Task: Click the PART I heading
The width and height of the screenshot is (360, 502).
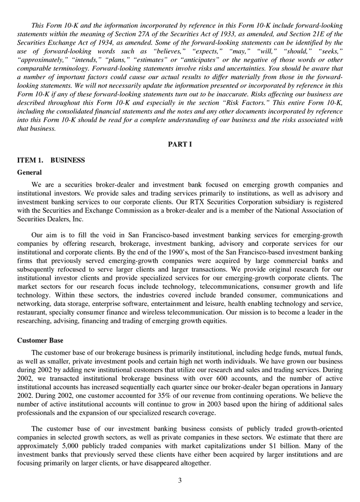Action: point(180,144)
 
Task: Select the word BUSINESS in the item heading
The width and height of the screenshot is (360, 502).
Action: point(68,160)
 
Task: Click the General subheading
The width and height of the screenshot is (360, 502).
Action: point(29,172)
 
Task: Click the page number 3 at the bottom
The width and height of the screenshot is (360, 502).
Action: point(180,480)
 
